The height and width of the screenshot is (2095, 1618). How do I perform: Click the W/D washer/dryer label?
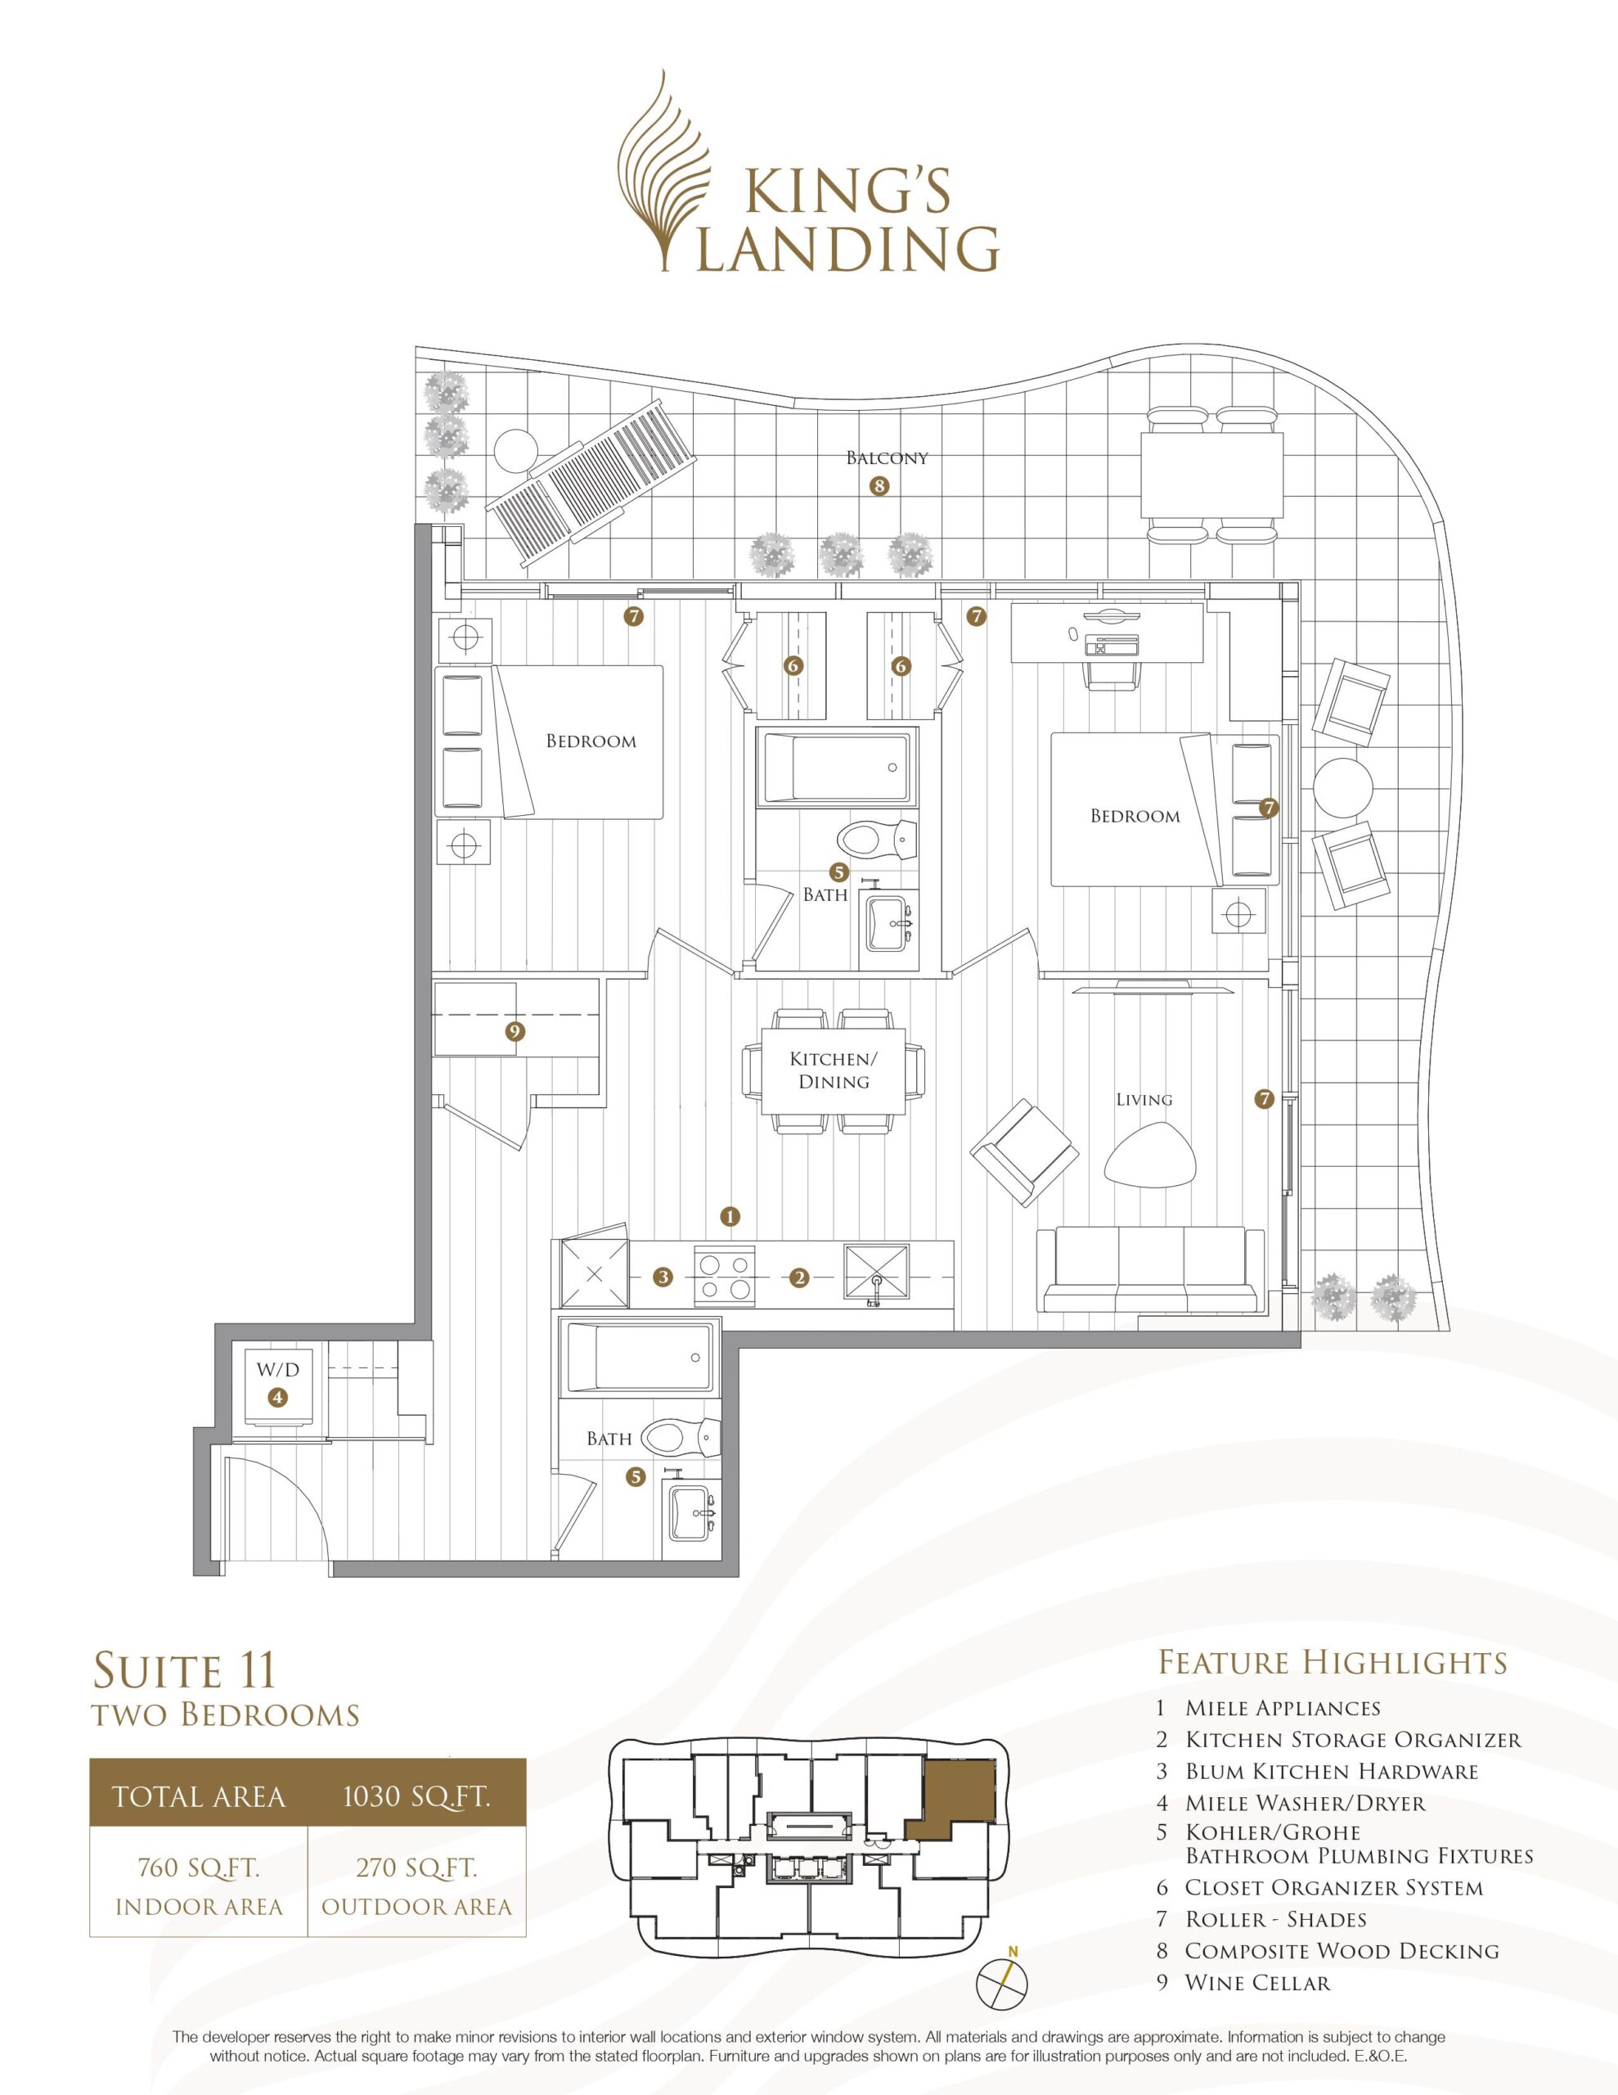[277, 1370]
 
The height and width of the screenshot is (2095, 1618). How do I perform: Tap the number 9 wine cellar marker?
[515, 1031]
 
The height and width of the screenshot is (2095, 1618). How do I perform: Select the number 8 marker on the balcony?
[879, 485]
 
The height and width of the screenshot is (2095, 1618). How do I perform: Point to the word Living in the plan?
[1144, 1099]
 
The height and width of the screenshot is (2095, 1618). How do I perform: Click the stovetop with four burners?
[725, 1277]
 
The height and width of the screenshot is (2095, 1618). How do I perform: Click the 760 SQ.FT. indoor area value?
[199, 1867]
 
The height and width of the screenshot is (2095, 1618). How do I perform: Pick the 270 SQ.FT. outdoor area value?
[416, 1867]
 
